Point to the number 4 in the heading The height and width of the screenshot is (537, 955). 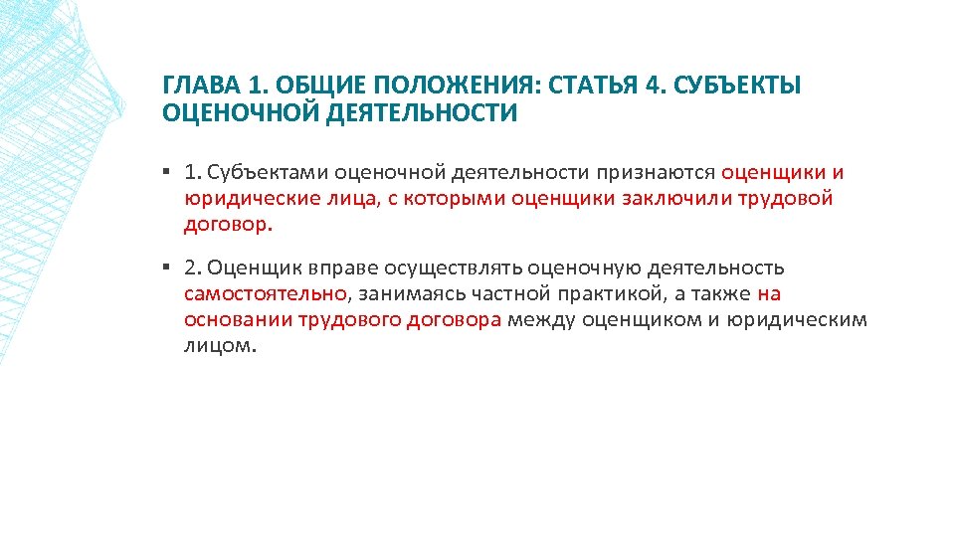point(653,86)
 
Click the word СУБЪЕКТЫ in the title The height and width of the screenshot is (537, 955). point(737,86)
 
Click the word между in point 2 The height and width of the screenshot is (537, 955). point(541,320)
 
